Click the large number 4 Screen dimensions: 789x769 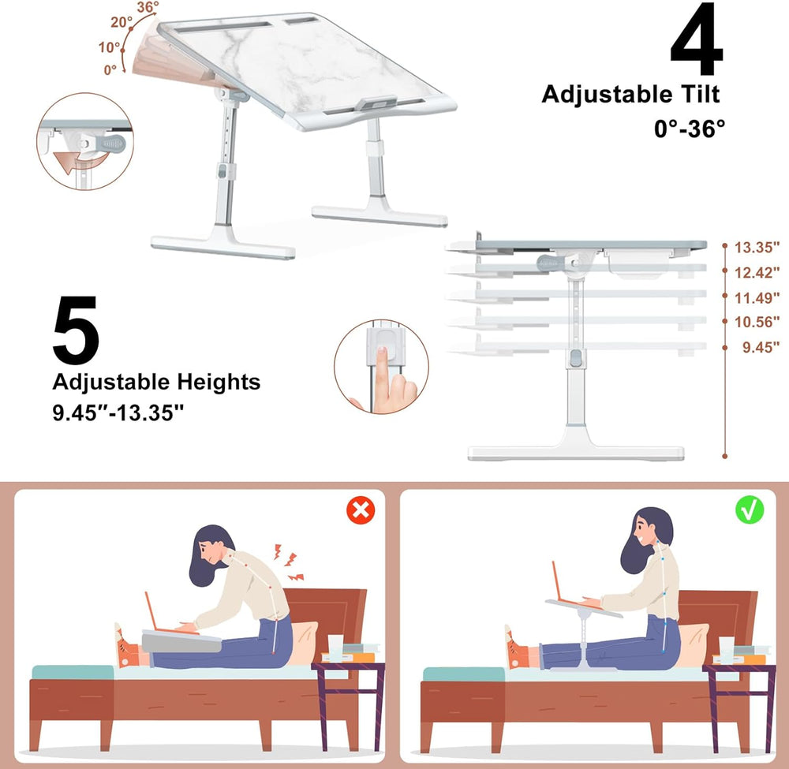(697, 41)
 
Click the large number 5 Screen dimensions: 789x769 (76, 330)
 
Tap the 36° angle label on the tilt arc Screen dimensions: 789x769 (148, 8)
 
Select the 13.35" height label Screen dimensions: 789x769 (757, 248)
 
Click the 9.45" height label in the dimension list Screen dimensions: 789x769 (761, 346)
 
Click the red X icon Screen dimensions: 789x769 (361, 510)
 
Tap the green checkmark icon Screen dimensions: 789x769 (750, 510)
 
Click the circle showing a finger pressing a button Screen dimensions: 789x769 (381, 367)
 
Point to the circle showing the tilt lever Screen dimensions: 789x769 (84, 142)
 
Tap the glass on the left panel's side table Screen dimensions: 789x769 (335, 647)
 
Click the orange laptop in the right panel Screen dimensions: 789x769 (565, 584)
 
